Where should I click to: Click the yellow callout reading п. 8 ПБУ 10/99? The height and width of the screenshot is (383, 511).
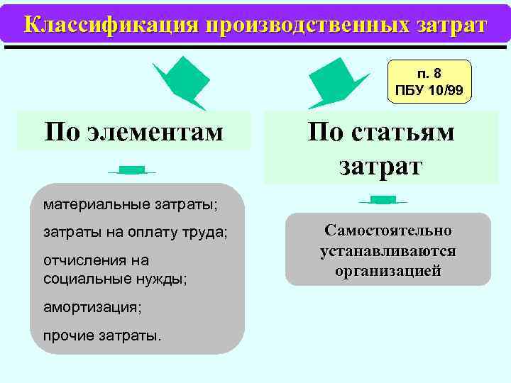click(429, 82)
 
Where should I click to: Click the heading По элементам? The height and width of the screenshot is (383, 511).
click(133, 131)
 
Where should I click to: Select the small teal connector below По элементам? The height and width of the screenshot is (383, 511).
click(132, 170)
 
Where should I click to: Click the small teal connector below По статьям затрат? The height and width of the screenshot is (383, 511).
click(383, 200)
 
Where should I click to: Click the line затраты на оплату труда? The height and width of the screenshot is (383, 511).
click(136, 233)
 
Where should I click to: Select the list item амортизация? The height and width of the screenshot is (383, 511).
click(92, 307)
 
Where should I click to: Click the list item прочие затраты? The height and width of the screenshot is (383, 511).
click(102, 334)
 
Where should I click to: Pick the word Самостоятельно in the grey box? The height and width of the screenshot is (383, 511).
click(388, 231)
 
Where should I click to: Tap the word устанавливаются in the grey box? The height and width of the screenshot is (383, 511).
click(388, 251)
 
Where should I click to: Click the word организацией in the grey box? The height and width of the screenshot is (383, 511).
click(388, 271)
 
